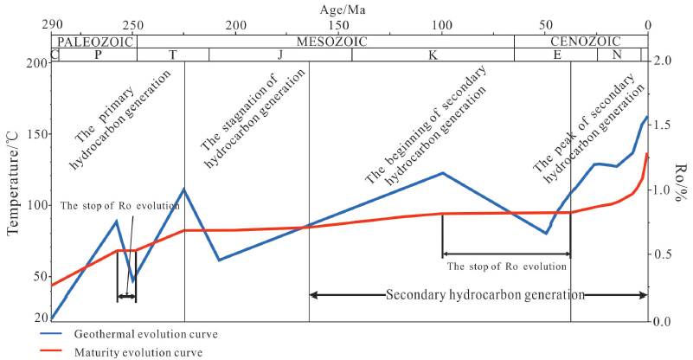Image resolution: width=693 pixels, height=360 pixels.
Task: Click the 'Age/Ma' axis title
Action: pos(346,9)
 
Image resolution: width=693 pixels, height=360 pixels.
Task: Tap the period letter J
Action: pos(279,55)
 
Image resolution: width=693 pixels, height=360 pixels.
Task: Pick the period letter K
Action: pos(431,55)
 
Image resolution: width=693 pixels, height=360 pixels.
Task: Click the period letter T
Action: pos(172,55)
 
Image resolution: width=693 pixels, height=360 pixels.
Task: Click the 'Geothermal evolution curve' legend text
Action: pos(145,333)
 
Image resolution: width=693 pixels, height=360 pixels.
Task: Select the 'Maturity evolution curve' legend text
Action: pos(138,352)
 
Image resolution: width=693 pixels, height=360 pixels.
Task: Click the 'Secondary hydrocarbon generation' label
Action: pos(485,294)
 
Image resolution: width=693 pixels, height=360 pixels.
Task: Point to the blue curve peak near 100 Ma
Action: pos(442,172)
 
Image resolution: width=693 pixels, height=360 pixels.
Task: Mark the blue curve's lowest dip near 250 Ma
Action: pos(132,280)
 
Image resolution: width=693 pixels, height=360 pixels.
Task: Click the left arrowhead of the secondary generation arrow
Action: pos(313,294)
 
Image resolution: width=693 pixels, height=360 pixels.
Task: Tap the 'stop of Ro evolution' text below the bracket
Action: pos(506,266)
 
